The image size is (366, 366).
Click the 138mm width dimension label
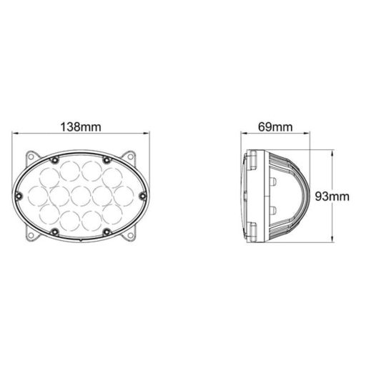80,127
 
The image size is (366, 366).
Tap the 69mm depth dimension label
274,127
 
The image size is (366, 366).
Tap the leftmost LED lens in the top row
49,175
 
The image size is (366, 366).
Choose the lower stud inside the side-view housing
274,209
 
